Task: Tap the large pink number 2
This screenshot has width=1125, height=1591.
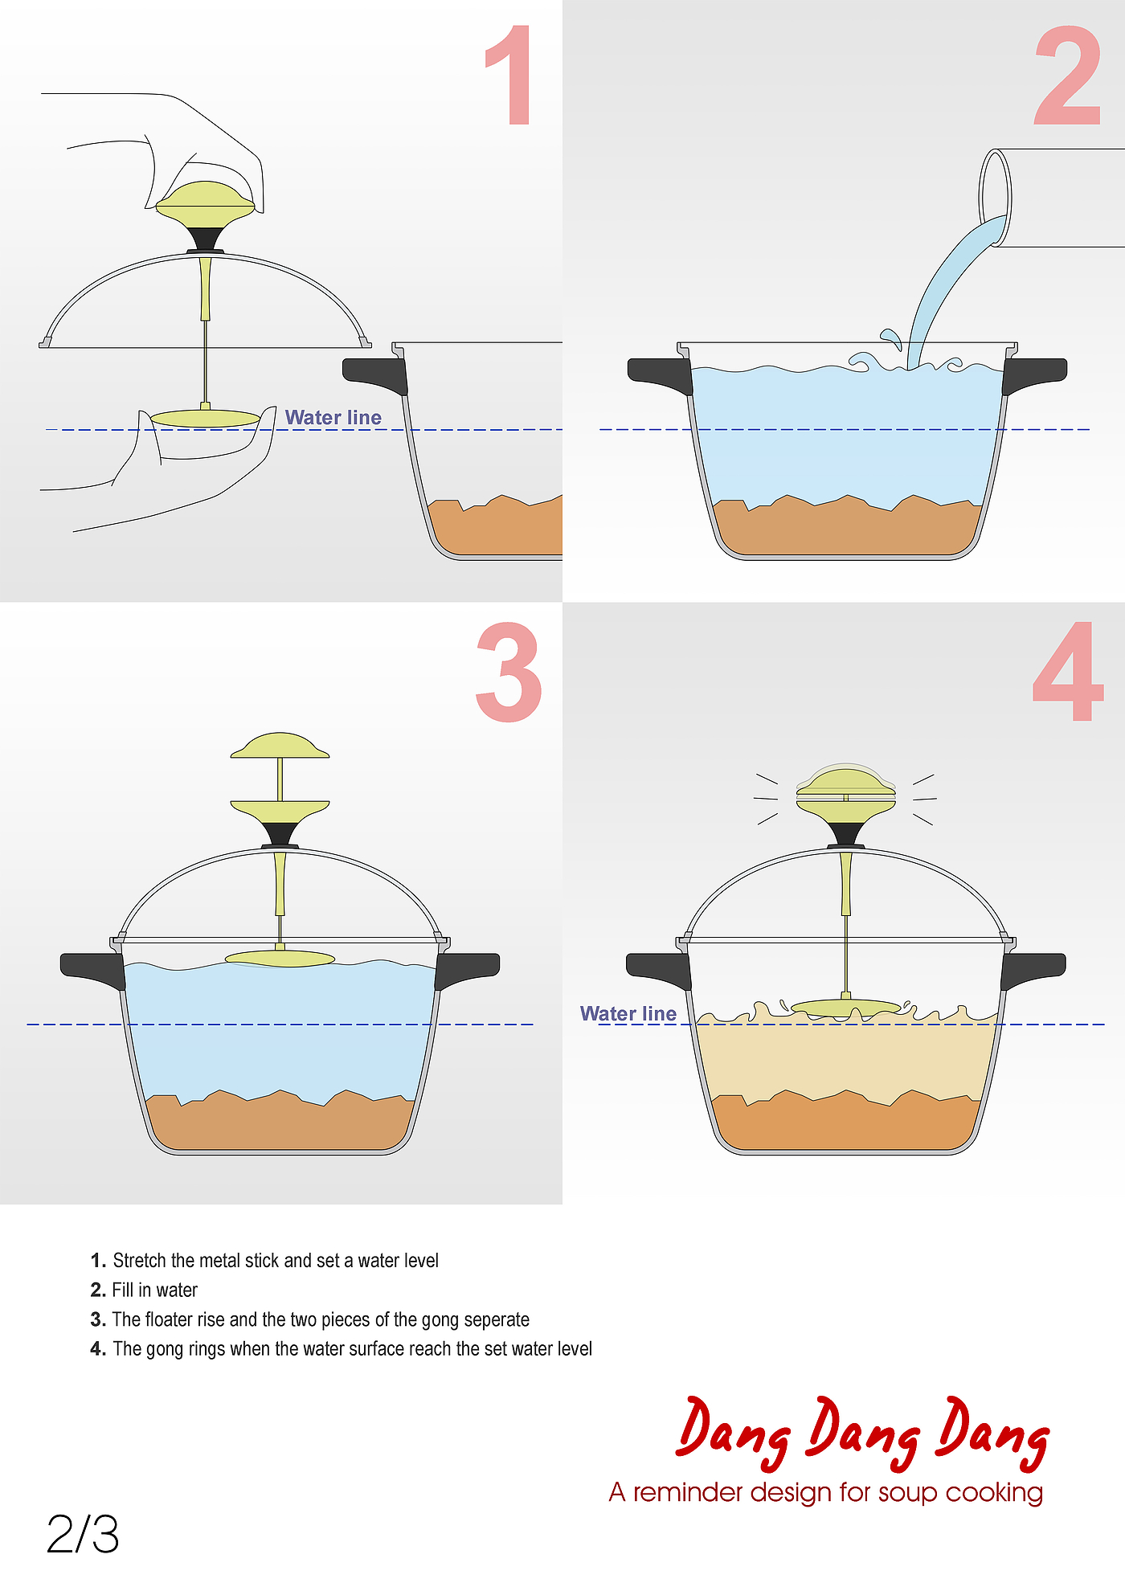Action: [x=1068, y=76]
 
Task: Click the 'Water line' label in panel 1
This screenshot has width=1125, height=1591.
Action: [x=333, y=418]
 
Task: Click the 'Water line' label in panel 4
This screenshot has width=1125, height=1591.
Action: [x=628, y=1014]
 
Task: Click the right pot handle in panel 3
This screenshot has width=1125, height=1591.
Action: [x=468, y=969]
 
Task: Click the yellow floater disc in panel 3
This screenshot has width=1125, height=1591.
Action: [x=280, y=958]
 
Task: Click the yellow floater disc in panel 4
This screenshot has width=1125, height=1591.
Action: [x=845, y=1006]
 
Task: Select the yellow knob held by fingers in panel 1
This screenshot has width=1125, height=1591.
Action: [x=205, y=201]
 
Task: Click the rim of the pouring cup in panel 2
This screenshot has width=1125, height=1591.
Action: [x=995, y=197]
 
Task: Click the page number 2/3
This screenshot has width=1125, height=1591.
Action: [x=83, y=1534]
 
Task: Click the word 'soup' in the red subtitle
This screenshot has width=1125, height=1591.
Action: [x=908, y=1492]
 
